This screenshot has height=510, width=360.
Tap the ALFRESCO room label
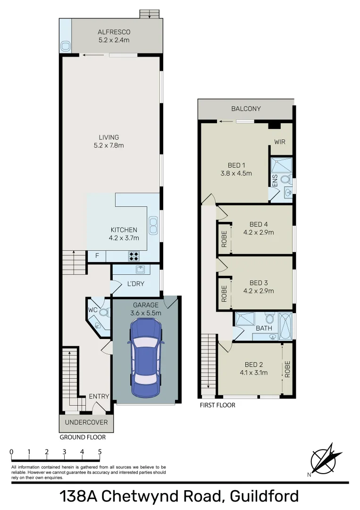(x=113, y=36)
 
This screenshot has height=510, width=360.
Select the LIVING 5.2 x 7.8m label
(x=109, y=141)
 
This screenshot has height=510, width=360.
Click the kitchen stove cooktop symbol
(x=134, y=256)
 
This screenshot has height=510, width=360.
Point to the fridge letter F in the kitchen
(x=97, y=256)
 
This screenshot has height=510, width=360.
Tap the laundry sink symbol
(x=140, y=269)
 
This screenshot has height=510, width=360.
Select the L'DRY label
(x=136, y=284)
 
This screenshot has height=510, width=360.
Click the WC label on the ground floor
(x=93, y=310)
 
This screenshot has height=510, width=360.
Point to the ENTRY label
(x=99, y=396)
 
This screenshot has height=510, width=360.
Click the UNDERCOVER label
(x=86, y=422)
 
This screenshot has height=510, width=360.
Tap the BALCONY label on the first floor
(x=246, y=109)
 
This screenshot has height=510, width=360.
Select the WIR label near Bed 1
(x=280, y=142)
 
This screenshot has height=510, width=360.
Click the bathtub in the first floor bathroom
(x=285, y=326)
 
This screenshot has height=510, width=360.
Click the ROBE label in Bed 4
(x=224, y=239)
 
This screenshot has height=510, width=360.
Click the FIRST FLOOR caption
(x=218, y=405)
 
